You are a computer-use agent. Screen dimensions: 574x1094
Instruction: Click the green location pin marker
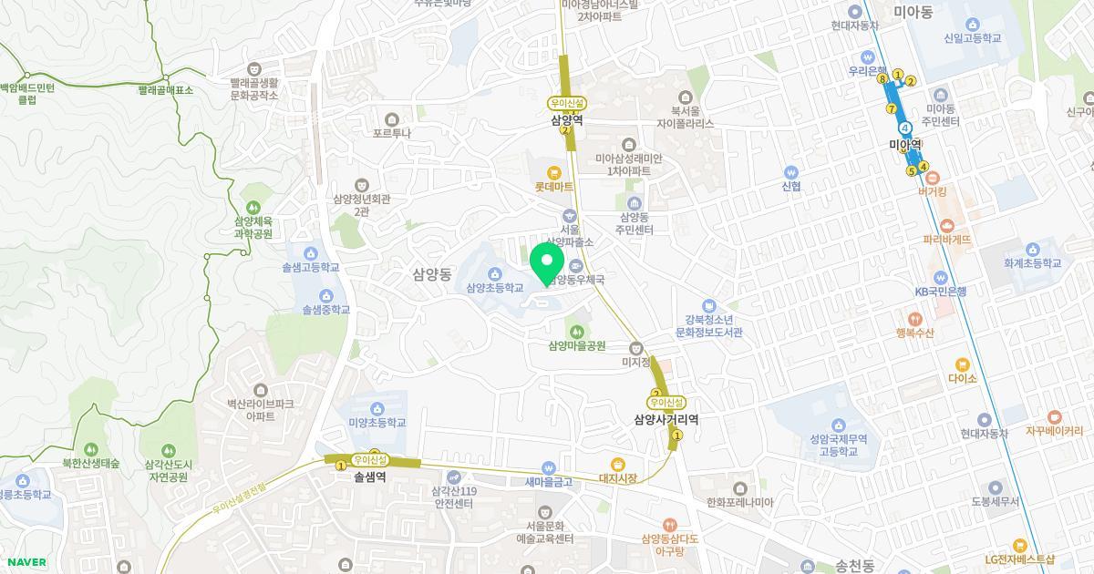(547, 261)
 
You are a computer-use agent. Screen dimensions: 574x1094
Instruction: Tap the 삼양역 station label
(567, 119)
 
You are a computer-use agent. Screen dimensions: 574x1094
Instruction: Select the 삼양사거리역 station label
(666, 419)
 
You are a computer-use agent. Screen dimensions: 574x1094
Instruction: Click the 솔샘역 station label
(369, 477)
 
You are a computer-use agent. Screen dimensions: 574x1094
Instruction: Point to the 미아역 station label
(906, 144)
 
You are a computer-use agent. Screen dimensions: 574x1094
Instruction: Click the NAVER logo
(25, 562)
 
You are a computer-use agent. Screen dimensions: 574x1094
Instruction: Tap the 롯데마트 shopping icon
(553, 172)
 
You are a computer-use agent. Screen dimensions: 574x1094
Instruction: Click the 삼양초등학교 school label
(494, 288)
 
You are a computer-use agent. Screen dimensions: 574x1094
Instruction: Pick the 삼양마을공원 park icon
(576, 331)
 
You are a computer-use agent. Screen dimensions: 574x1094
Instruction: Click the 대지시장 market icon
(617, 464)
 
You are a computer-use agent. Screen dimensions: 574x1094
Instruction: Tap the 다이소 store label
(962, 378)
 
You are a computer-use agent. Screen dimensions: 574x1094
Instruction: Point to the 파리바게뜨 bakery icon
(946, 225)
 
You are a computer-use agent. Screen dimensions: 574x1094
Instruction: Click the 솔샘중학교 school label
(326, 310)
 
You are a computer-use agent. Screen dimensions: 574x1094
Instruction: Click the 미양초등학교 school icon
(377, 407)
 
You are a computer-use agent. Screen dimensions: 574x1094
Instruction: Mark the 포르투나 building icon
(392, 118)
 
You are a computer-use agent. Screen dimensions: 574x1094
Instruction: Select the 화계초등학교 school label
(1033, 263)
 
